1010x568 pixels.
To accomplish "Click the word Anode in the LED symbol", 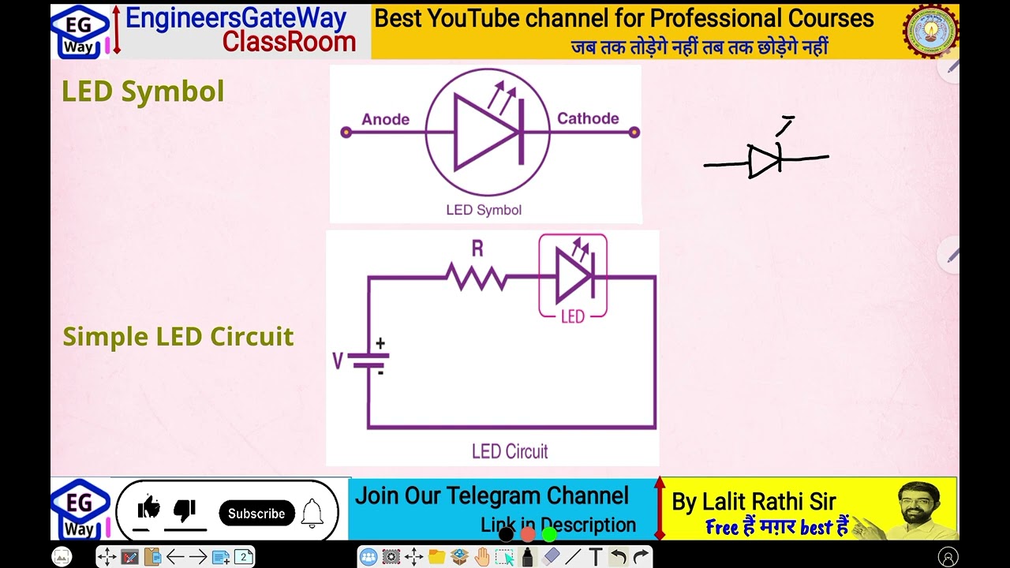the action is (385, 119).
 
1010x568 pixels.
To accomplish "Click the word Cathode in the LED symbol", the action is (588, 118).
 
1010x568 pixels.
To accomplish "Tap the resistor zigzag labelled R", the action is (477, 277).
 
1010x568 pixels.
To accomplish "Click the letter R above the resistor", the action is (477, 249).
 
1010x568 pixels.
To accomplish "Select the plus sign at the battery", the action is (380, 343).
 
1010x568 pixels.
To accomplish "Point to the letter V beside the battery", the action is (338, 361).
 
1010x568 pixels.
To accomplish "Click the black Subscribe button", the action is (256, 514).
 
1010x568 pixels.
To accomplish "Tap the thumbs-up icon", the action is (148, 509).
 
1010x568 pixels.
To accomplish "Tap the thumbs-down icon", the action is (185, 510).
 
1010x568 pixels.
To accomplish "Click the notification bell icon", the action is (312, 514).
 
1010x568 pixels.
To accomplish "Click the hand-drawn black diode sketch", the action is (764, 161).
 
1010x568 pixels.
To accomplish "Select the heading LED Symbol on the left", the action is (143, 92).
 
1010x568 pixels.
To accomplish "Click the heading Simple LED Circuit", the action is (178, 337).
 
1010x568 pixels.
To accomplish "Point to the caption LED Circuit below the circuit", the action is (509, 451).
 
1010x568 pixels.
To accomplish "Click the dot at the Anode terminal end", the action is (346, 132).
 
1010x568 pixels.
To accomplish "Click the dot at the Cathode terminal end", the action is (634, 132).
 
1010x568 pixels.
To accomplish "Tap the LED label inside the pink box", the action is (572, 316).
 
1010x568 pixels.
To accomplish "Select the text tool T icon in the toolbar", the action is (596, 557).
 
